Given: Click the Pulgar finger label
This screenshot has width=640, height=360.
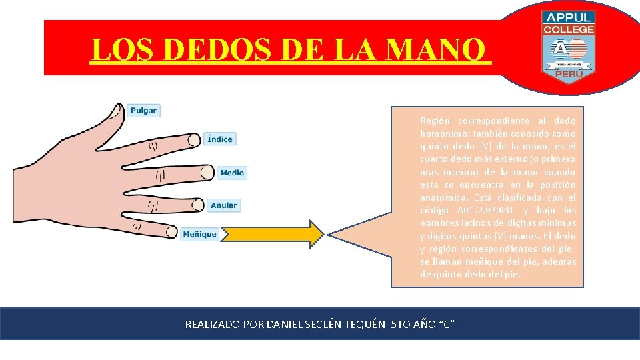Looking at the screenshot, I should coord(144,111).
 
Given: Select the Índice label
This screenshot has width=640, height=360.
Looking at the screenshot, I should coord(219,139).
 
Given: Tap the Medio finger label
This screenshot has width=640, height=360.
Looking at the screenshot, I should coord(231,173).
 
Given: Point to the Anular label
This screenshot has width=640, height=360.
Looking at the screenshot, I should coord(223,205).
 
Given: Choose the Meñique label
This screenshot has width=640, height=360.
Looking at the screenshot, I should coord(199,234).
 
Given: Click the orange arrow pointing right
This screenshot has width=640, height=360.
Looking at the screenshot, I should coord(274,234).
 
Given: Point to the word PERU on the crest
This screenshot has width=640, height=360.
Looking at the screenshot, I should coord(568,75).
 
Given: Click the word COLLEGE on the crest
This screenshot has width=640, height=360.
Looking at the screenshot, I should coord(569,30).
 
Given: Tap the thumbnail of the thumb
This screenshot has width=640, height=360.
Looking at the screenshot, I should coord(118,111).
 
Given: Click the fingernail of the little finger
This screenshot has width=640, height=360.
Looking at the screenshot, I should coord(169,234).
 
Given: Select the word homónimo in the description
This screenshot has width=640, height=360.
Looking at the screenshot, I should coord(442,133).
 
